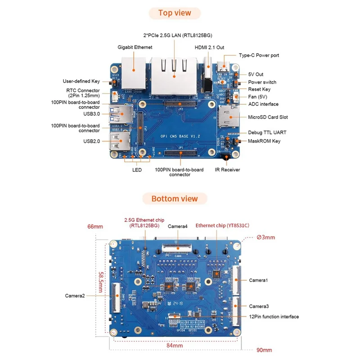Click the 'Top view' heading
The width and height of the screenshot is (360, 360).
[175, 13]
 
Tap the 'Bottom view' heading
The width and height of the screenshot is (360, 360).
[175, 198]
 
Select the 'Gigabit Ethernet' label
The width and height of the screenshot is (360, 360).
[135, 47]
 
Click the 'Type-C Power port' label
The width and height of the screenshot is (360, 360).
[259, 55]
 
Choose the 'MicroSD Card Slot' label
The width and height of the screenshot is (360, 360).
[268, 117]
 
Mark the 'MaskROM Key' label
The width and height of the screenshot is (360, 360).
[264, 141]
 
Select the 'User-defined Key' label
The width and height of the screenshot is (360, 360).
[81, 81]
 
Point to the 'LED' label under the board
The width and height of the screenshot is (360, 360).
[137, 170]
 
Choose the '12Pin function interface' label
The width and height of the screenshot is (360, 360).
[274, 317]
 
